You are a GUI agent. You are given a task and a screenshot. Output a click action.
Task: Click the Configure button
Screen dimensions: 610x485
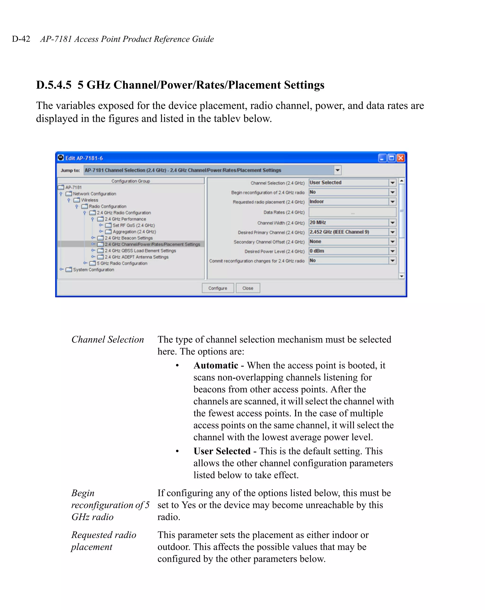[x=218, y=288]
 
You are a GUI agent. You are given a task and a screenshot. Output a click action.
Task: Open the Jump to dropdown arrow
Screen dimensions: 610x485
[x=337, y=170]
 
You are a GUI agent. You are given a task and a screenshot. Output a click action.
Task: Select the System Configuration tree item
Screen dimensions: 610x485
[x=94, y=270]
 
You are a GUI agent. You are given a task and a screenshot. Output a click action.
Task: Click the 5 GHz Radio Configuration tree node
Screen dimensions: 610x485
[x=122, y=263]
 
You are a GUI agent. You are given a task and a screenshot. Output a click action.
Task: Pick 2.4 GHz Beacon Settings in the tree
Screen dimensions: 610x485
[x=128, y=238]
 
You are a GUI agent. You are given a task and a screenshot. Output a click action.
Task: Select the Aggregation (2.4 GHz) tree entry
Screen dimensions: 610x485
[x=134, y=231]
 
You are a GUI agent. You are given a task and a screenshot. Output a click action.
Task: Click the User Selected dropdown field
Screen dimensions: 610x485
[x=348, y=183]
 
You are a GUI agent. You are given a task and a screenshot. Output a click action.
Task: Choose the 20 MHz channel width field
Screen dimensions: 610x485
[x=348, y=223]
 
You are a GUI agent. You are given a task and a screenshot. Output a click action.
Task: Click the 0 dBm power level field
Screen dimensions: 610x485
[x=348, y=251]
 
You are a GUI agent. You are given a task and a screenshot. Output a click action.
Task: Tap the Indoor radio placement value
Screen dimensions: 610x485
[x=348, y=202]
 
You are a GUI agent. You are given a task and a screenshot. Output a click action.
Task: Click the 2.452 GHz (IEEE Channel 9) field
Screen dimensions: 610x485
[x=348, y=232]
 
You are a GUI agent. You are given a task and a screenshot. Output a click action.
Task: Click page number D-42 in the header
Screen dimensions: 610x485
[x=21, y=39]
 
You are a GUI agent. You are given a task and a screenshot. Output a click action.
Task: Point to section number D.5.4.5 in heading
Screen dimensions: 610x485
[x=54, y=85]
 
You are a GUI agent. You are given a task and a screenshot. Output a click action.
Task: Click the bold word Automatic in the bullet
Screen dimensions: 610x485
[x=216, y=365]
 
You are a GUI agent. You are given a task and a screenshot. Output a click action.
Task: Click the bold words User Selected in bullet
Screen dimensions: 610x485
[x=222, y=451]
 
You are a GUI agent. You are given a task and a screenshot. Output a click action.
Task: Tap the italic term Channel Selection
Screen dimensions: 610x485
[x=108, y=339]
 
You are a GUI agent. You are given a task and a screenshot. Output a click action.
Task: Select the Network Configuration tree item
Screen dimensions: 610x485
[x=94, y=194]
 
